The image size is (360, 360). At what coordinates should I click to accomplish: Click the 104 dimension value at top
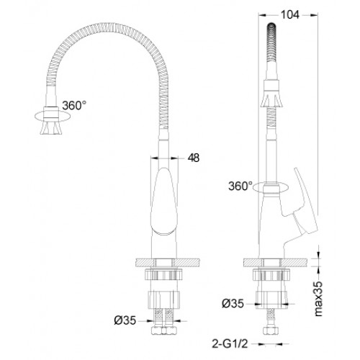pyautogui.click(x=290, y=15)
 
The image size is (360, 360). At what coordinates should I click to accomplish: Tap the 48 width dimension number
pyautogui.click(x=194, y=158)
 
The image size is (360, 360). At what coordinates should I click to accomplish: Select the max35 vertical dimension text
pyautogui.click(x=318, y=299)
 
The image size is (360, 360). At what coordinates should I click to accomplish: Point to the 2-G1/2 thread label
pyautogui.click(x=230, y=344)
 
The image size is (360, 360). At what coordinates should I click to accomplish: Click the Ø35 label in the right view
pyautogui.click(x=233, y=304)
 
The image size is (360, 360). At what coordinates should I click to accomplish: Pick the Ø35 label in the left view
pyautogui.click(x=125, y=320)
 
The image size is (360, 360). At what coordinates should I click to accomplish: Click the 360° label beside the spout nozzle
pyautogui.click(x=74, y=105)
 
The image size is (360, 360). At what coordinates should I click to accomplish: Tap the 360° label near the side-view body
pyautogui.click(x=240, y=186)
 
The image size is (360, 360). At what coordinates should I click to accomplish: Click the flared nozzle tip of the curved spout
pyautogui.click(x=51, y=127)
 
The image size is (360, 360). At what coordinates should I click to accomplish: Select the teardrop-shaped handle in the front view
pyautogui.click(x=164, y=201)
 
